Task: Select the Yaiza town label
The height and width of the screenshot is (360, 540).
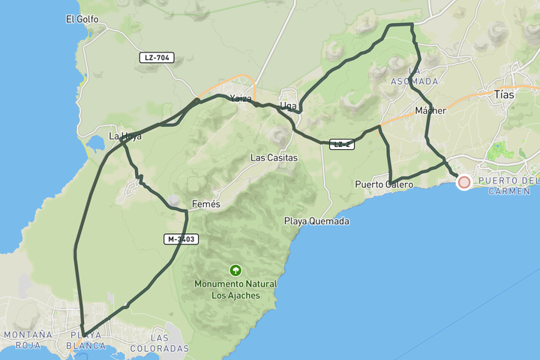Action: point(241,98)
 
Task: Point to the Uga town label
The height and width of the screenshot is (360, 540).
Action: point(287,106)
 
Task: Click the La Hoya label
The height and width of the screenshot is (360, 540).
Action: point(125,136)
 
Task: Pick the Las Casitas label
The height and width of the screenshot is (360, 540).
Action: point(274,158)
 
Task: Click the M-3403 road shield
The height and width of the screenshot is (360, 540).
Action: point(181,239)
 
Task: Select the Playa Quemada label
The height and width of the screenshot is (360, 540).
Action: point(316,221)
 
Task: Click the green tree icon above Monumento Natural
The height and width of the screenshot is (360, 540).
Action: point(235,270)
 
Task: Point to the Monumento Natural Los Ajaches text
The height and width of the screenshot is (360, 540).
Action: point(235,289)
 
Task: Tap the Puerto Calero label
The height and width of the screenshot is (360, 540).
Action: point(384,184)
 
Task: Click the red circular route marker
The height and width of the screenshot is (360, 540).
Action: point(463,182)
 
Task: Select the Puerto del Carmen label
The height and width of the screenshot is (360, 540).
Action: point(508,186)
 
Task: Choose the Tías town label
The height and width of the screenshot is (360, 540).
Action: point(505,95)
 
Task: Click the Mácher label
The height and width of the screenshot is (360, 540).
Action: point(430,111)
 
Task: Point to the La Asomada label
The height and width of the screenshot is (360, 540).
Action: point(414,76)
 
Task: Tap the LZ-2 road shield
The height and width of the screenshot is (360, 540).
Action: point(341,144)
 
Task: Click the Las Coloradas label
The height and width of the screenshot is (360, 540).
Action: point(159,343)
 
